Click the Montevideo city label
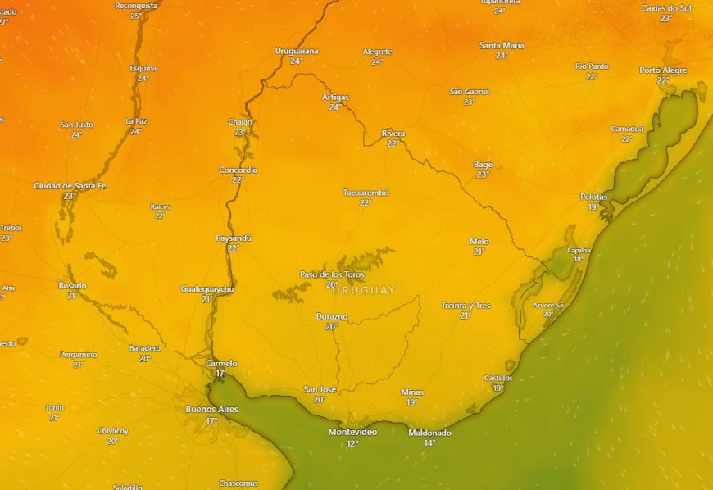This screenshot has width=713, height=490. [352, 432]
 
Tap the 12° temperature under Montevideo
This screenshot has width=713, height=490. [352, 443]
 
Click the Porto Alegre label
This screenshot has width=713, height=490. [663, 70]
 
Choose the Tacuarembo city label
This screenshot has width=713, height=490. [366, 193]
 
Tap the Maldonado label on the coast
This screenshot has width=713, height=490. [429, 433]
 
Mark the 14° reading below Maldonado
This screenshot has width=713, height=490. [429, 443]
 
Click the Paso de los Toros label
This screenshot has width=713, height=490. [331, 274]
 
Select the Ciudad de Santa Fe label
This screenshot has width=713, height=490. [70, 186]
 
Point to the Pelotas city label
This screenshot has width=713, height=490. [594, 197]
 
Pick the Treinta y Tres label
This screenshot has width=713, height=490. [465, 306]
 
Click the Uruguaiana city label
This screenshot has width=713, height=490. [297, 51]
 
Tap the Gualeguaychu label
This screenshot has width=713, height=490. [207, 289]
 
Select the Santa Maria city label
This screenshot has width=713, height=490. [502, 45]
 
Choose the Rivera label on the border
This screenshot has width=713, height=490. [393, 134]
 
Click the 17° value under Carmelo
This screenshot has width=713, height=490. [221, 374]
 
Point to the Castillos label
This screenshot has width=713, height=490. [498, 378]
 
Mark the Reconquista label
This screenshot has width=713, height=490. [136, 6]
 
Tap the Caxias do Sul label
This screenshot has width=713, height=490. [666, 7]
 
